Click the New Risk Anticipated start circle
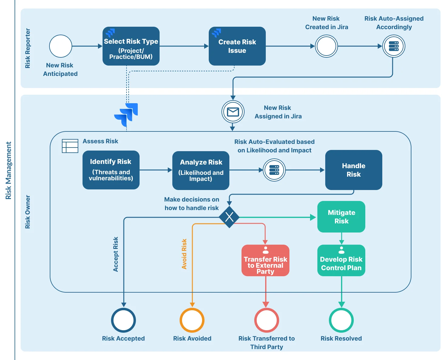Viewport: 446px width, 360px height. coord(61,46)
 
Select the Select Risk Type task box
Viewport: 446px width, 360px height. coord(131,46)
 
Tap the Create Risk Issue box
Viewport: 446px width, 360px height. coord(237,46)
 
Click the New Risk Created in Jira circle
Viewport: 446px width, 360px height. coord(326,46)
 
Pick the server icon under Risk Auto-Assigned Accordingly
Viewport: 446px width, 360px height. coord(394,46)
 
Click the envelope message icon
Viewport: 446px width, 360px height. coord(233,112)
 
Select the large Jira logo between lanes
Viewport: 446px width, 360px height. coord(126,114)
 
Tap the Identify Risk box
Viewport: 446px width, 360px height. coord(111,170)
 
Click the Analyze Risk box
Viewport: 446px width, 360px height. coord(201,170)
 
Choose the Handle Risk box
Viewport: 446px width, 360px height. coord(353,170)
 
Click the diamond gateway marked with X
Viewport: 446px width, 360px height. coord(229,217)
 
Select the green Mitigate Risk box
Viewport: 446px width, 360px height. coord(341,217)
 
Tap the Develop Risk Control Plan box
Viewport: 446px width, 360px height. coord(341,260)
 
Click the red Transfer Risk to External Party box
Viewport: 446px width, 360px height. coord(265,260)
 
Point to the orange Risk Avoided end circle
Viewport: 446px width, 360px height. coord(192,320)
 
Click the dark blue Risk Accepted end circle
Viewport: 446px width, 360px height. coord(123,320)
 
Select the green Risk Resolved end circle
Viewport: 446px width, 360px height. coord(341,320)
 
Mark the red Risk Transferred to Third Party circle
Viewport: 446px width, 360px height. coord(266,320)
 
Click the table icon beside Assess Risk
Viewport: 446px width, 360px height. coord(70,146)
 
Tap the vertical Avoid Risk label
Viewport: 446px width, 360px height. coord(184,254)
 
